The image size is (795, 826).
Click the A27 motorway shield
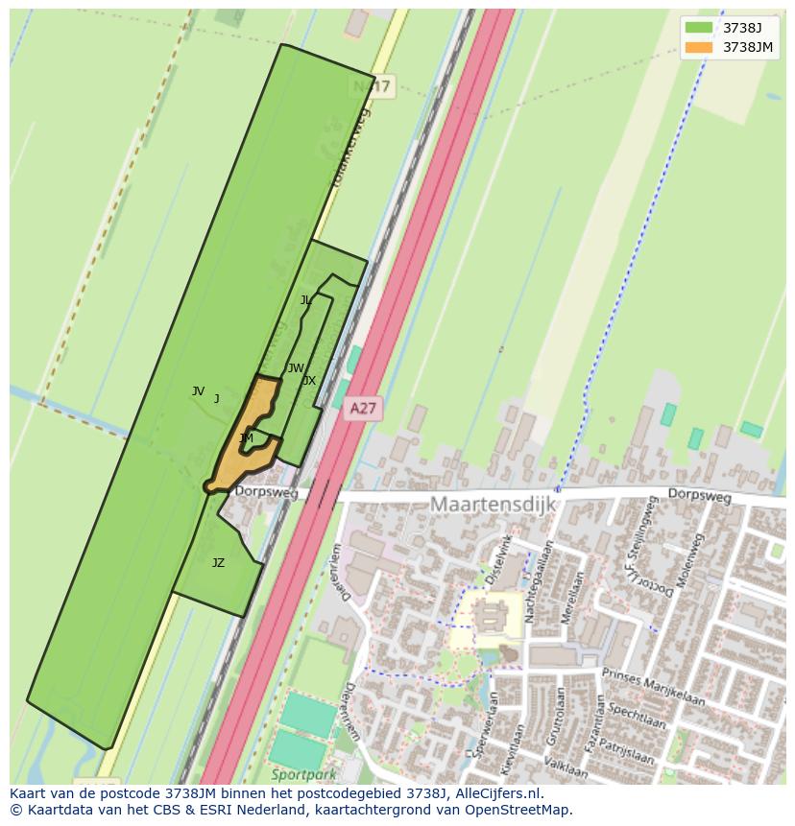362,409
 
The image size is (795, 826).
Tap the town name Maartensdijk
493,504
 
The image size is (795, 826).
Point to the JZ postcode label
218,563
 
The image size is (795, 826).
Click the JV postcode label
198,391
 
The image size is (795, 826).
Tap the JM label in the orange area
247,438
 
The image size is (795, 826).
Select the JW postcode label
296,368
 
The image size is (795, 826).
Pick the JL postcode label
305,300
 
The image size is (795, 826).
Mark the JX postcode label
308,381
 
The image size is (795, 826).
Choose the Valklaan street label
565,767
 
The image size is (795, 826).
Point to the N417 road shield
372,87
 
